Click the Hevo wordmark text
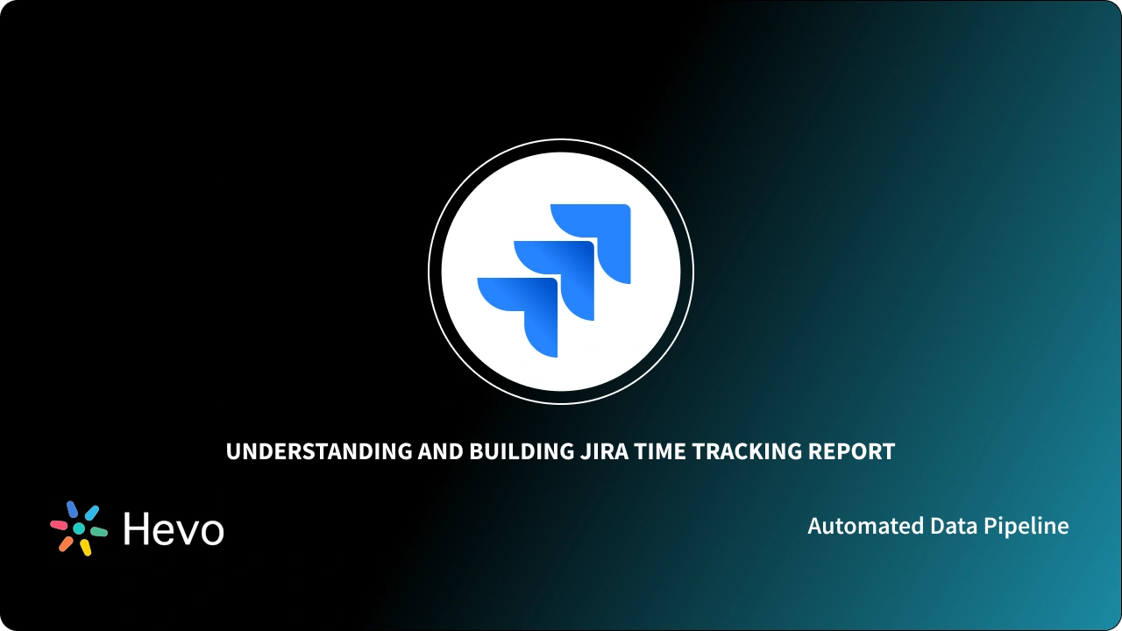(174, 528)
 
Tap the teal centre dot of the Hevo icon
(79, 528)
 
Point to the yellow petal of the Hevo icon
(86, 548)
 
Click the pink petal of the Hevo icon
(59, 525)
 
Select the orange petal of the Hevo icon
(66, 543)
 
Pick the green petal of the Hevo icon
(99, 532)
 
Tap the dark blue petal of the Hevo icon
(73, 509)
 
